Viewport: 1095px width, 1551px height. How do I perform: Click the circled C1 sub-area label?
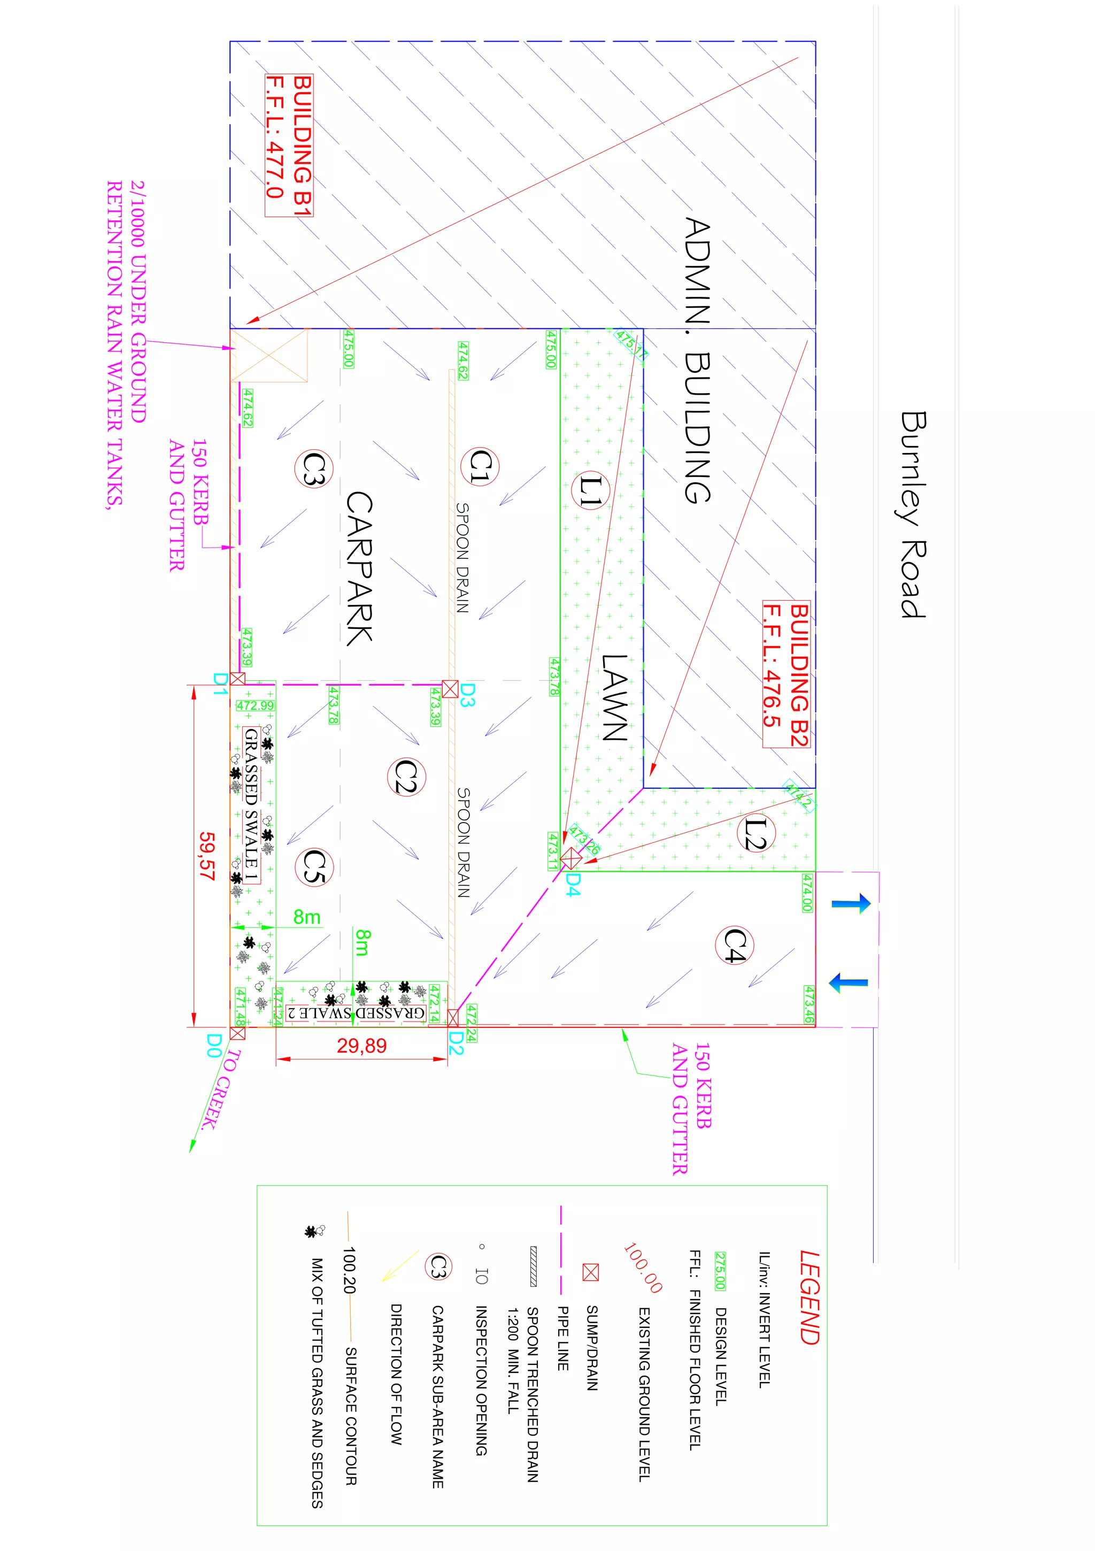(x=480, y=466)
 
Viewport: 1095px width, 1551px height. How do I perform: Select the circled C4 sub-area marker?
(x=734, y=945)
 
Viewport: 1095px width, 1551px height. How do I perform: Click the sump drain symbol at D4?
(x=571, y=858)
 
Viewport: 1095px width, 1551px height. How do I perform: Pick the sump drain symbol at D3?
(x=450, y=688)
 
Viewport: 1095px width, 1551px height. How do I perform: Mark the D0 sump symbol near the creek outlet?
(x=237, y=1033)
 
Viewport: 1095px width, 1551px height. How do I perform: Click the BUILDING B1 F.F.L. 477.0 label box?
(x=289, y=145)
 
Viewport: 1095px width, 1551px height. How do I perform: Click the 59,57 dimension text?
(x=207, y=856)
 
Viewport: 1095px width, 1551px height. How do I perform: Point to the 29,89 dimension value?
(x=361, y=1046)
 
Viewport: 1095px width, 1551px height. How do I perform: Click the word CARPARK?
(x=359, y=568)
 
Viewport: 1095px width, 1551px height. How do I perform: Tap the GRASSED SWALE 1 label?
(x=251, y=805)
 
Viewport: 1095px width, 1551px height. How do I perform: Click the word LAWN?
(x=615, y=698)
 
